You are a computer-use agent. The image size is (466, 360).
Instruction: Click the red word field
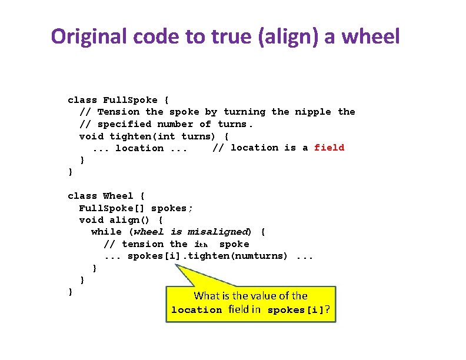pyautogui.click(x=329, y=148)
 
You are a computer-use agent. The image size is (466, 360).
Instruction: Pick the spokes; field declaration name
pyautogui.click(x=172, y=208)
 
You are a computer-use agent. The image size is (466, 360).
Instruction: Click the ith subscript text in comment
pyautogui.click(x=202, y=245)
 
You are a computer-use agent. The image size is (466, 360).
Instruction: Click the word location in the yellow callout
pyautogui.click(x=196, y=310)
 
